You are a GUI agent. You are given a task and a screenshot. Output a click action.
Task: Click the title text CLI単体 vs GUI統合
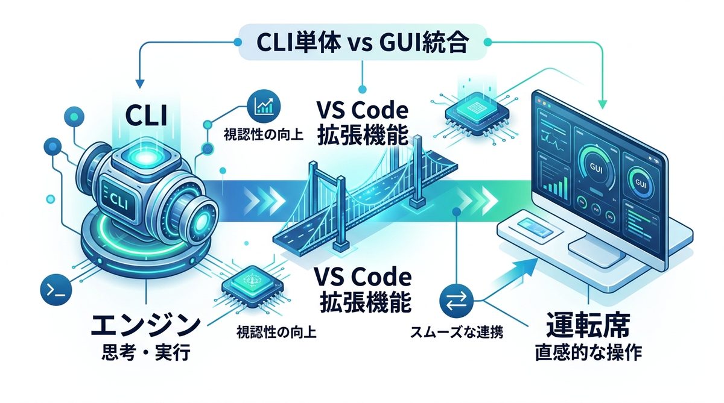pyautogui.click(x=361, y=44)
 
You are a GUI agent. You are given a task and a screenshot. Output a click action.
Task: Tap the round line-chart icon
pyautogui.click(x=262, y=107)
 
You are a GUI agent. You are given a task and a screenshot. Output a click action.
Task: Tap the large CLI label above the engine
pyautogui.click(x=145, y=115)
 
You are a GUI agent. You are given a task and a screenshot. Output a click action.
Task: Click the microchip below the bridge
pyautogui.click(x=249, y=284)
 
